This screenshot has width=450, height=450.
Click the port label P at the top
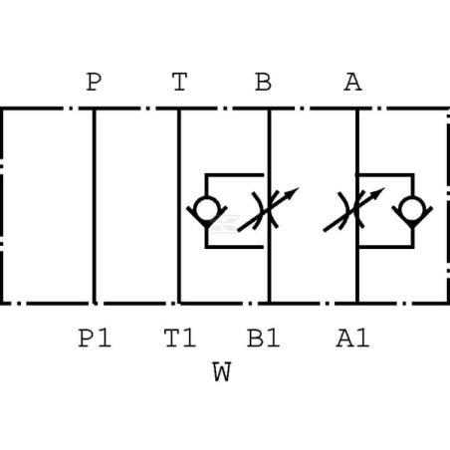pos(94,82)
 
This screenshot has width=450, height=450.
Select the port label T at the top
pos(179,82)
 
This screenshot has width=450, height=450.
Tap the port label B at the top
pos(264,82)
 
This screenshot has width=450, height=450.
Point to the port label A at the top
pos(352,82)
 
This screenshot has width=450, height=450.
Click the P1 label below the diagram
pos(95,338)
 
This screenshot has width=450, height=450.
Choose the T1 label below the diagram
pos(180,338)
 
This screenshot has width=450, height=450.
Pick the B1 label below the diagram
pos(264,338)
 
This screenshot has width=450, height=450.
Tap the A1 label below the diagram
pos(352,338)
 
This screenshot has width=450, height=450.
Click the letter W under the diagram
pos(222,372)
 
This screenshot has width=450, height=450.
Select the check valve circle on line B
pos(206,209)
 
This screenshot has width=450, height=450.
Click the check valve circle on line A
pos(412,209)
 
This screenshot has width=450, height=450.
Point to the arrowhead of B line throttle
pos(293,192)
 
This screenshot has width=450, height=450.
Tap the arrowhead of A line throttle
pos(378,192)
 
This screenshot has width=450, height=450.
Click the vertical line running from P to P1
pos(95,206)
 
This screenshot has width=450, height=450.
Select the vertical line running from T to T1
pos(179,206)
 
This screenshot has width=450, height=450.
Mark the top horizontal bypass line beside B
pos(234,174)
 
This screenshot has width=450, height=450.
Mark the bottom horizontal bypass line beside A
pos(385,246)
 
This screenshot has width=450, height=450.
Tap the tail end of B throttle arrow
pos(238,231)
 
